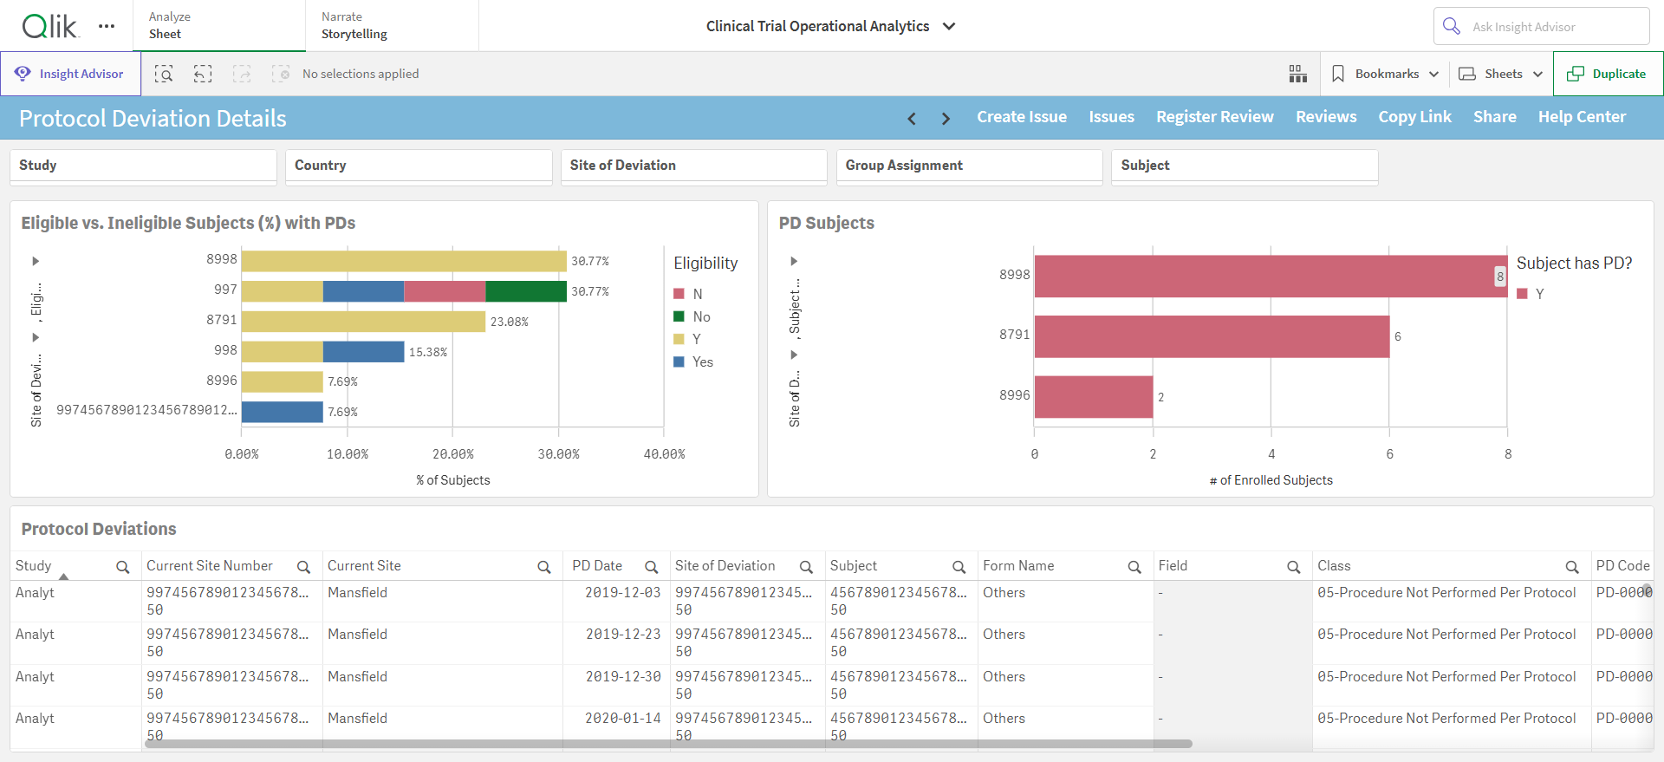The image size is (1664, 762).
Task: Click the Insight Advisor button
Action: click(70, 74)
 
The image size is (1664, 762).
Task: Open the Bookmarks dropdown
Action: click(1385, 74)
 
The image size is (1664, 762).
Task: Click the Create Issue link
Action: click(1022, 117)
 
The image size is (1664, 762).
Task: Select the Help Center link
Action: click(1582, 117)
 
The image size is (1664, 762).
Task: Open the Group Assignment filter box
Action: click(969, 166)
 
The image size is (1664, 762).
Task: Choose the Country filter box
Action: click(419, 166)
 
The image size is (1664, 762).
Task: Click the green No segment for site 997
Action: click(526, 291)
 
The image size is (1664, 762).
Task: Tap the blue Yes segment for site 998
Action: click(363, 351)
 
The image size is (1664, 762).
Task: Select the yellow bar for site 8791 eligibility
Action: click(363, 321)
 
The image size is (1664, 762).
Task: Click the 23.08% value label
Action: click(510, 322)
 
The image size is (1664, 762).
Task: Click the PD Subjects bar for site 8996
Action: click(1094, 396)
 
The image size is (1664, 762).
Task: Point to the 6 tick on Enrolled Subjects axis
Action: click(1390, 454)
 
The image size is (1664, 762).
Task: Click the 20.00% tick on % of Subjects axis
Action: click(453, 454)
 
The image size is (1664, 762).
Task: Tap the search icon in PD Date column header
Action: click(651, 567)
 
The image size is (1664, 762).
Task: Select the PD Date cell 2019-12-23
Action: click(623, 635)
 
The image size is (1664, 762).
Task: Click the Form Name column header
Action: click(1018, 566)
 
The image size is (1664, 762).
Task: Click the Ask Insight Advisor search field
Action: click(1541, 26)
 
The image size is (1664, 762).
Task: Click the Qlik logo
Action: click(50, 26)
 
